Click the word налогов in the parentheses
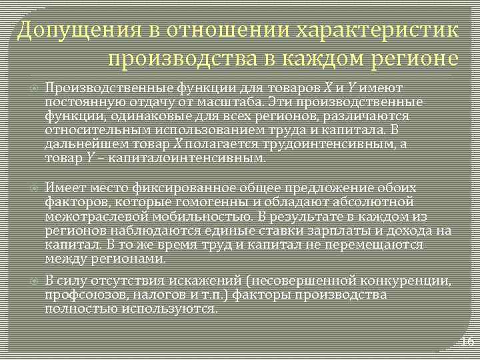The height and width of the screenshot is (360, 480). coord(155,294)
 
